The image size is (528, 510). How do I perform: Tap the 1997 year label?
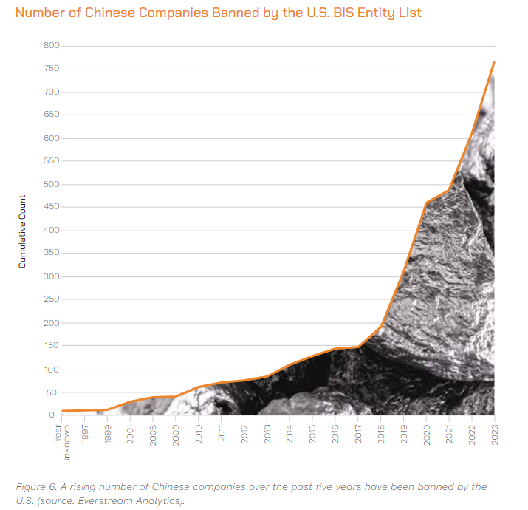[x=85, y=432]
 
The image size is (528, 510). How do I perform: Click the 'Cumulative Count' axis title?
[x=23, y=231]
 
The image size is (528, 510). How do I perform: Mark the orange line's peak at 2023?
[x=494, y=62]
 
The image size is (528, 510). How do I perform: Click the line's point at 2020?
[x=426, y=203]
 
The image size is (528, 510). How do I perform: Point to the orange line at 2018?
[x=381, y=326]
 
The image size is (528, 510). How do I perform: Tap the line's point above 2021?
[x=449, y=191]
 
